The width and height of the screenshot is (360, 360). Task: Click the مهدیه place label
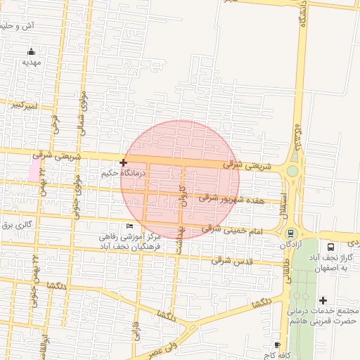click(32, 62)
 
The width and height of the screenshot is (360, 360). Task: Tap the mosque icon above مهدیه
click(32, 51)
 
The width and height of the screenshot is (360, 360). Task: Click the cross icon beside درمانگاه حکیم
click(124, 162)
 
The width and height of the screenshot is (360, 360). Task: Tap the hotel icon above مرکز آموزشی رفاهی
click(129, 226)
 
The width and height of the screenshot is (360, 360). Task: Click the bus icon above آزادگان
click(290, 234)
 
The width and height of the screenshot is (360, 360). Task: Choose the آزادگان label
click(290, 245)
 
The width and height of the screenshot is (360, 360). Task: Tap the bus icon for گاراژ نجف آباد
click(330, 247)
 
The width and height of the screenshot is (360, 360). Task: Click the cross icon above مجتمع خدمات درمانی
click(323, 300)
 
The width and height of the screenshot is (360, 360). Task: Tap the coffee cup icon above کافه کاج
click(278, 345)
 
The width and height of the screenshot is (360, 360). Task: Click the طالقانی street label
click(288, 268)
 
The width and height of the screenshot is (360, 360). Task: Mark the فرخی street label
click(56, 120)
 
